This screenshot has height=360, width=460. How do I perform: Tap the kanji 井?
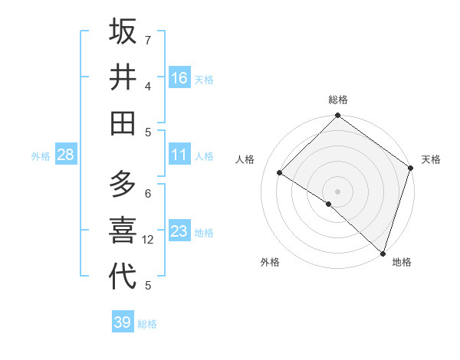[x=123, y=77]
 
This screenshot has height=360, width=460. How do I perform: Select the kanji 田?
[x=123, y=123]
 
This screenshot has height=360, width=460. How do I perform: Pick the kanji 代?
[x=123, y=276]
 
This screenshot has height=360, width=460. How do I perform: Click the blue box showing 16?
[x=179, y=77]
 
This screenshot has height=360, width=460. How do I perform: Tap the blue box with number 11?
[x=179, y=155]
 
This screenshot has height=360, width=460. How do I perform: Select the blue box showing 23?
[x=179, y=231]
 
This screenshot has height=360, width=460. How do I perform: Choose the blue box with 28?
[x=66, y=155]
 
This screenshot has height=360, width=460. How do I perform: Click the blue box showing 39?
[x=123, y=322]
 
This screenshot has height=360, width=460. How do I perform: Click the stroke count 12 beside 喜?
[x=149, y=240]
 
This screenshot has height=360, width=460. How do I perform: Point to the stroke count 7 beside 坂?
[x=148, y=39]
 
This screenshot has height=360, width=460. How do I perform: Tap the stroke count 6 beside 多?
[x=148, y=193]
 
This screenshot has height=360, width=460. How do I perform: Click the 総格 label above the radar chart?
[x=338, y=100]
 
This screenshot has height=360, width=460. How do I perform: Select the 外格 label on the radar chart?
[x=270, y=262]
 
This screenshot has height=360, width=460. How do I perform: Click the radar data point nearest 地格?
[x=383, y=253]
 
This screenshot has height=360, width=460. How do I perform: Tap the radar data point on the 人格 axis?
[x=280, y=173]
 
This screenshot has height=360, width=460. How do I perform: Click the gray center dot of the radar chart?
[x=337, y=191]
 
